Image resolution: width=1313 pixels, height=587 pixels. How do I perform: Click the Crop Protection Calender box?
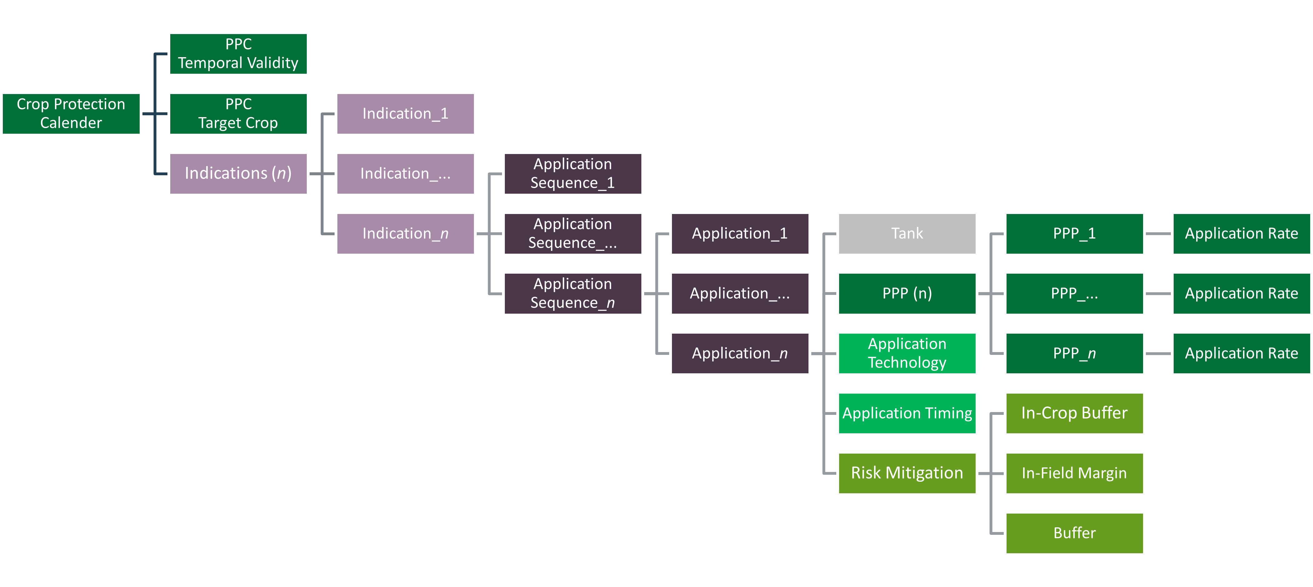click(x=71, y=114)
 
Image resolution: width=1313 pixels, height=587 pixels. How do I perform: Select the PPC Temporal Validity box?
click(x=238, y=53)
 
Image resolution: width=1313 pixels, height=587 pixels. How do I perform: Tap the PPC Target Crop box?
click(x=238, y=114)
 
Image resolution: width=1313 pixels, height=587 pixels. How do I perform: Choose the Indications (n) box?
click(x=238, y=173)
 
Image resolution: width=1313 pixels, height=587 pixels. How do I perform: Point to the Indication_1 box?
click(x=405, y=114)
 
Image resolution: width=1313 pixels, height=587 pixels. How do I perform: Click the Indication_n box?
click(x=405, y=233)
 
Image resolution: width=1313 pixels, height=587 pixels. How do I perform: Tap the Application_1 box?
click(x=739, y=233)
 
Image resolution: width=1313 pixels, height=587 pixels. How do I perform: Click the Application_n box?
click(x=739, y=353)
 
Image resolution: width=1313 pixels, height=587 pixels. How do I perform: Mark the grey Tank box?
click(x=907, y=233)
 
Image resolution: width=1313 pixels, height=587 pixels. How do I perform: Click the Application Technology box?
click(x=907, y=353)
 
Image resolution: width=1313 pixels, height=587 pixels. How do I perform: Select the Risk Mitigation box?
click(x=907, y=473)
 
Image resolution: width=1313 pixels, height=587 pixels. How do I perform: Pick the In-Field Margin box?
click(x=1074, y=473)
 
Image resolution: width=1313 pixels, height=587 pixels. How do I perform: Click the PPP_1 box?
click(x=1074, y=233)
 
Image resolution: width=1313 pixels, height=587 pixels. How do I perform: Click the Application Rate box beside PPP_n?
click(x=1241, y=353)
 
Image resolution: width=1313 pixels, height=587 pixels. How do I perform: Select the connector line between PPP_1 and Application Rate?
click(x=1158, y=233)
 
